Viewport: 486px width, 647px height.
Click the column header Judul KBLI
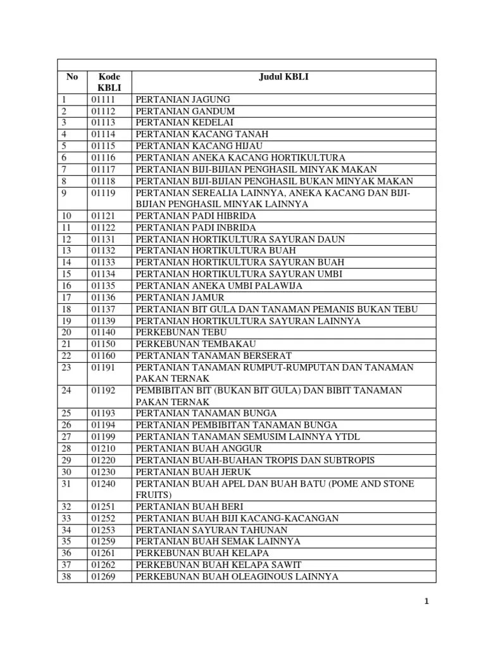pos(284,77)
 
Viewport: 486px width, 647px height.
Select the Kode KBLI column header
pos(109,82)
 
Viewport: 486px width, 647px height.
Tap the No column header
pos(72,77)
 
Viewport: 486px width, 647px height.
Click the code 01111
pos(103,100)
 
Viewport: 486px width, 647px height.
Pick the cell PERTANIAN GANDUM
pos(180,111)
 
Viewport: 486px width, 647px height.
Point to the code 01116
pos(103,157)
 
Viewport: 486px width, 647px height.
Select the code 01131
pos(103,239)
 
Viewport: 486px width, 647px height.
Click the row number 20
pos(67,332)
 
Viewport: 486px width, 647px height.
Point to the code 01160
pos(103,356)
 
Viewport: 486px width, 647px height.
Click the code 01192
pos(103,390)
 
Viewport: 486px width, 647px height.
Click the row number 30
pos(67,471)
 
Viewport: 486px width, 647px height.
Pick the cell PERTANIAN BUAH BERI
pos(189,507)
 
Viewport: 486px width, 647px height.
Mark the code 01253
pos(103,530)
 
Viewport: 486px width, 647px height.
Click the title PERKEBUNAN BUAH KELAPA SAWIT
pos(218,565)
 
